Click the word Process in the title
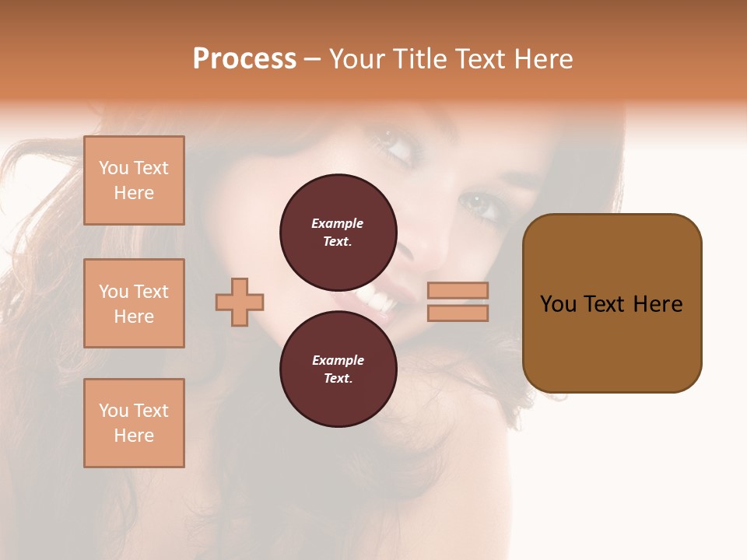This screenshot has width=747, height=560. tap(244, 59)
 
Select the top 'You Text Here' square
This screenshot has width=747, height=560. tap(134, 180)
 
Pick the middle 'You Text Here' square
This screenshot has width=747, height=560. tap(134, 303)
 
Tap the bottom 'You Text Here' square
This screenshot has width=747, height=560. tap(134, 423)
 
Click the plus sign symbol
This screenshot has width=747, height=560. tap(240, 302)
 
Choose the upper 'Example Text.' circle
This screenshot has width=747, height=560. tap(338, 232)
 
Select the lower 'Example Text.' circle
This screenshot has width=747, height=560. tap(338, 369)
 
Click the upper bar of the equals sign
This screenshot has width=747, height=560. tap(458, 291)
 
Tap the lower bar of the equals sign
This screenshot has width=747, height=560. tap(458, 313)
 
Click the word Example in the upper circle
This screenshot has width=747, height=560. tap(338, 223)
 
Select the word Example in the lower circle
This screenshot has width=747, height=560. tap(338, 360)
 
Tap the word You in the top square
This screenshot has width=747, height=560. tap(114, 168)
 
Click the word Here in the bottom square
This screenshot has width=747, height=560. tap(134, 436)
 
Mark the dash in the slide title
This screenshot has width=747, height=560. tap(312, 59)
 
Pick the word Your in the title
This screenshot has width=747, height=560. tap(355, 59)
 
